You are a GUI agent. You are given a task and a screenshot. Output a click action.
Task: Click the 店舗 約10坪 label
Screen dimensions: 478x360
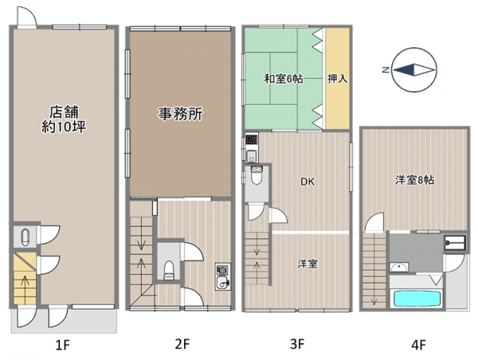[x=64, y=119]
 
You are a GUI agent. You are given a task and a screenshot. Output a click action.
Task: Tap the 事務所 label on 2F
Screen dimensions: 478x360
[x=180, y=114]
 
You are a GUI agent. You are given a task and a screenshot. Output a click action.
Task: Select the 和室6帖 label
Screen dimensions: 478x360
[x=284, y=79]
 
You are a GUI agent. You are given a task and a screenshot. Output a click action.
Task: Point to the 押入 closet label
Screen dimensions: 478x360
[x=338, y=79]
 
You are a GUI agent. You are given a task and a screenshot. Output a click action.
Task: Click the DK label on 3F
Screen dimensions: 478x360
[x=308, y=182]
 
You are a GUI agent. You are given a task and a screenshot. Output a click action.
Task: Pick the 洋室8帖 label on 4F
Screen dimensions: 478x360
[x=414, y=180]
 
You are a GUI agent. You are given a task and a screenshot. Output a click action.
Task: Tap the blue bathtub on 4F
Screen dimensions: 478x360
[x=417, y=299]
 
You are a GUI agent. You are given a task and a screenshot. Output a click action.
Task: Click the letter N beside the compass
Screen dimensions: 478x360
[x=386, y=70]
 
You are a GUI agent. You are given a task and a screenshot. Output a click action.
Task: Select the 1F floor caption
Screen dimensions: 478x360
[x=63, y=345]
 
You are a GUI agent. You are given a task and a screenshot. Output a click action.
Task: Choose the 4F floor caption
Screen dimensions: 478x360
[x=418, y=345]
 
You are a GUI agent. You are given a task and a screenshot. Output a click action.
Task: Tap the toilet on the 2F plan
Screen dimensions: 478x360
[x=169, y=270]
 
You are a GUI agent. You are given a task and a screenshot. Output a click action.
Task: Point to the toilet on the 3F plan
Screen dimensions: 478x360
[x=257, y=175]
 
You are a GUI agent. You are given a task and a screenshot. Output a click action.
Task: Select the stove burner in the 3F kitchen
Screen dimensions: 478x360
[x=252, y=139]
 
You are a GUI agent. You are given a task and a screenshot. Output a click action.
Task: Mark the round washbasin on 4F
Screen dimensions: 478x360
[x=399, y=268]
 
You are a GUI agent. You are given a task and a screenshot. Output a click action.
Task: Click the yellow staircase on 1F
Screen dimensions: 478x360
[x=25, y=280]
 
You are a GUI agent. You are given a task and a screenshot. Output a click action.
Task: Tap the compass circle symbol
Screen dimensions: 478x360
[x=414, y=70]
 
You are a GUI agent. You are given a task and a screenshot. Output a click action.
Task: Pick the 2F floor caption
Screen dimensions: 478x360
[x=182, y=344]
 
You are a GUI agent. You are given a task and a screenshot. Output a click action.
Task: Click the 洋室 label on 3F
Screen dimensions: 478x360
[x=308, y=264]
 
